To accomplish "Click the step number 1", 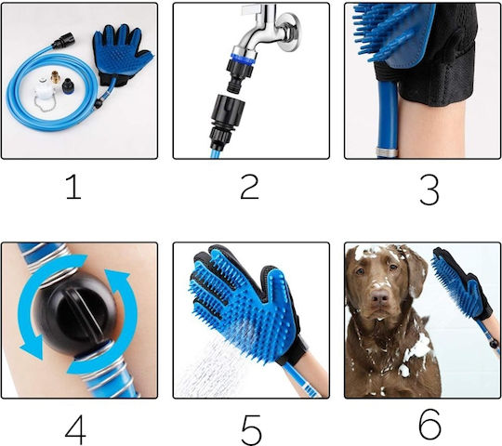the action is [x=74, y=187].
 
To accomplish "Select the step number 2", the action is [x=249, y=187].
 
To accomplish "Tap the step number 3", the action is [x=429, y=190].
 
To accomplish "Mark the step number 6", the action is [x=430, y=425].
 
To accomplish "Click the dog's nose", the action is [x=380, y=298].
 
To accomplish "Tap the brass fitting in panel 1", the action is [x=56, y=77].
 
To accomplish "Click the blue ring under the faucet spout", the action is [x=244, y=56].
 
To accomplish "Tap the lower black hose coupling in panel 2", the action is [x=228, y=121].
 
